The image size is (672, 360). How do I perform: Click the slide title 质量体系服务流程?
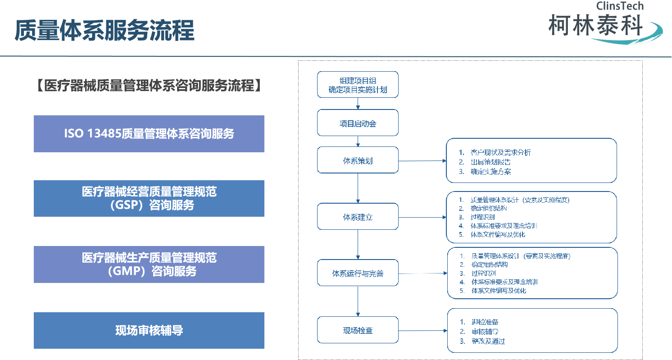[104, 30]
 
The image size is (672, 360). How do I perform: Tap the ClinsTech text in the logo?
[620, 6]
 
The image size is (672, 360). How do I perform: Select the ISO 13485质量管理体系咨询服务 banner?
[149, 134]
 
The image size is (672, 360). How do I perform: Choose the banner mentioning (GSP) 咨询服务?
[149, 198]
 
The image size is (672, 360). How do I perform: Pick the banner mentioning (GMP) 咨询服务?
[149, 264]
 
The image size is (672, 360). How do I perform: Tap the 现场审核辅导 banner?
[149, 330]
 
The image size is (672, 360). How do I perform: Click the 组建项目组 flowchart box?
[358, 85]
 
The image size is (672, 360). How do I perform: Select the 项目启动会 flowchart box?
[358, 123]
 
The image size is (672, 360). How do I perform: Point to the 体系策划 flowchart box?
[358, 160]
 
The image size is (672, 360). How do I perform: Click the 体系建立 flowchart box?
[358, 217]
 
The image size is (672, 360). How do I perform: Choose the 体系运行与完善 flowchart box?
[358, 273]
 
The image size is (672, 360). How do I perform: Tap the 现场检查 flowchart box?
[358, 330]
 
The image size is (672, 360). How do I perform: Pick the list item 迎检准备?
[485, 322]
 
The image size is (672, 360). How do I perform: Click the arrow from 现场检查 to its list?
[422, 331]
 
